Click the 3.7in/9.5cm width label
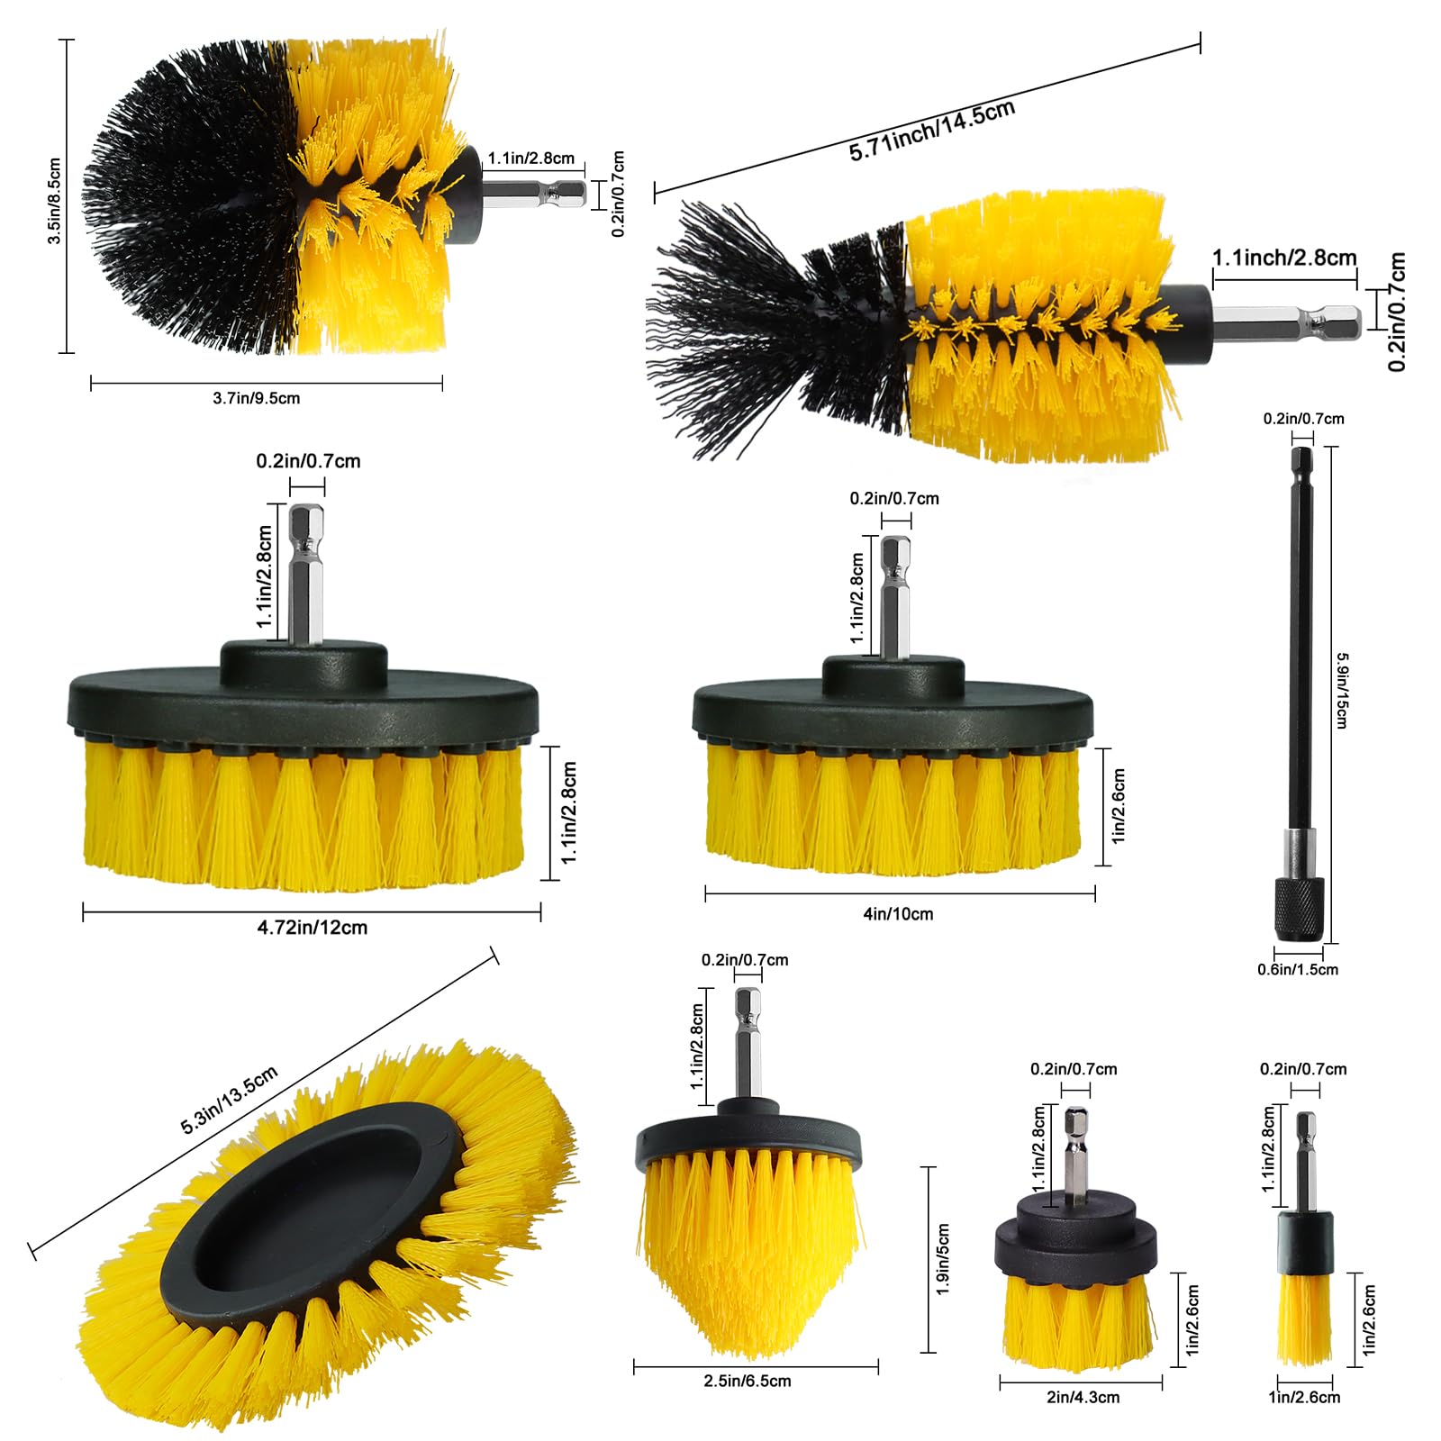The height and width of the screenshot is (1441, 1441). tap(257, 398)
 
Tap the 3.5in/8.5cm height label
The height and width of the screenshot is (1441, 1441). tap(54, 201)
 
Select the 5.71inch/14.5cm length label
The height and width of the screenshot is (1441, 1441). tap(932, 131)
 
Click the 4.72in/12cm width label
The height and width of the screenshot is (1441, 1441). tap(313, 928)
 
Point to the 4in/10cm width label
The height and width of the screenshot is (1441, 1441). tap(898, 914)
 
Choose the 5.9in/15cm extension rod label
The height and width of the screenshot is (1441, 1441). tap(1342, 691)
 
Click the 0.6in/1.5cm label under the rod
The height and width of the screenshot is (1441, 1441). tap(1298, 970)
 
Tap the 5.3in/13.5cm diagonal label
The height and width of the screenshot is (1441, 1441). tap(230, 1100)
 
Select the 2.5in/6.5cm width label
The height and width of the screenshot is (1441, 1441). tap(748, 1382)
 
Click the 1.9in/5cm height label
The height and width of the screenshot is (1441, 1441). tap(943, 1259)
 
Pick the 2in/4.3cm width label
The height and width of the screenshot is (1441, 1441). tap(1083, 1398)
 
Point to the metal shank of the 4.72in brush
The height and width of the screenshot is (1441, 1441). tap(306, 576)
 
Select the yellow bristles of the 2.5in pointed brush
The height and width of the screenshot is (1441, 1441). tap(748, 1261)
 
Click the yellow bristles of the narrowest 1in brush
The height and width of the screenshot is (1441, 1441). tap(1304, 1319)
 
